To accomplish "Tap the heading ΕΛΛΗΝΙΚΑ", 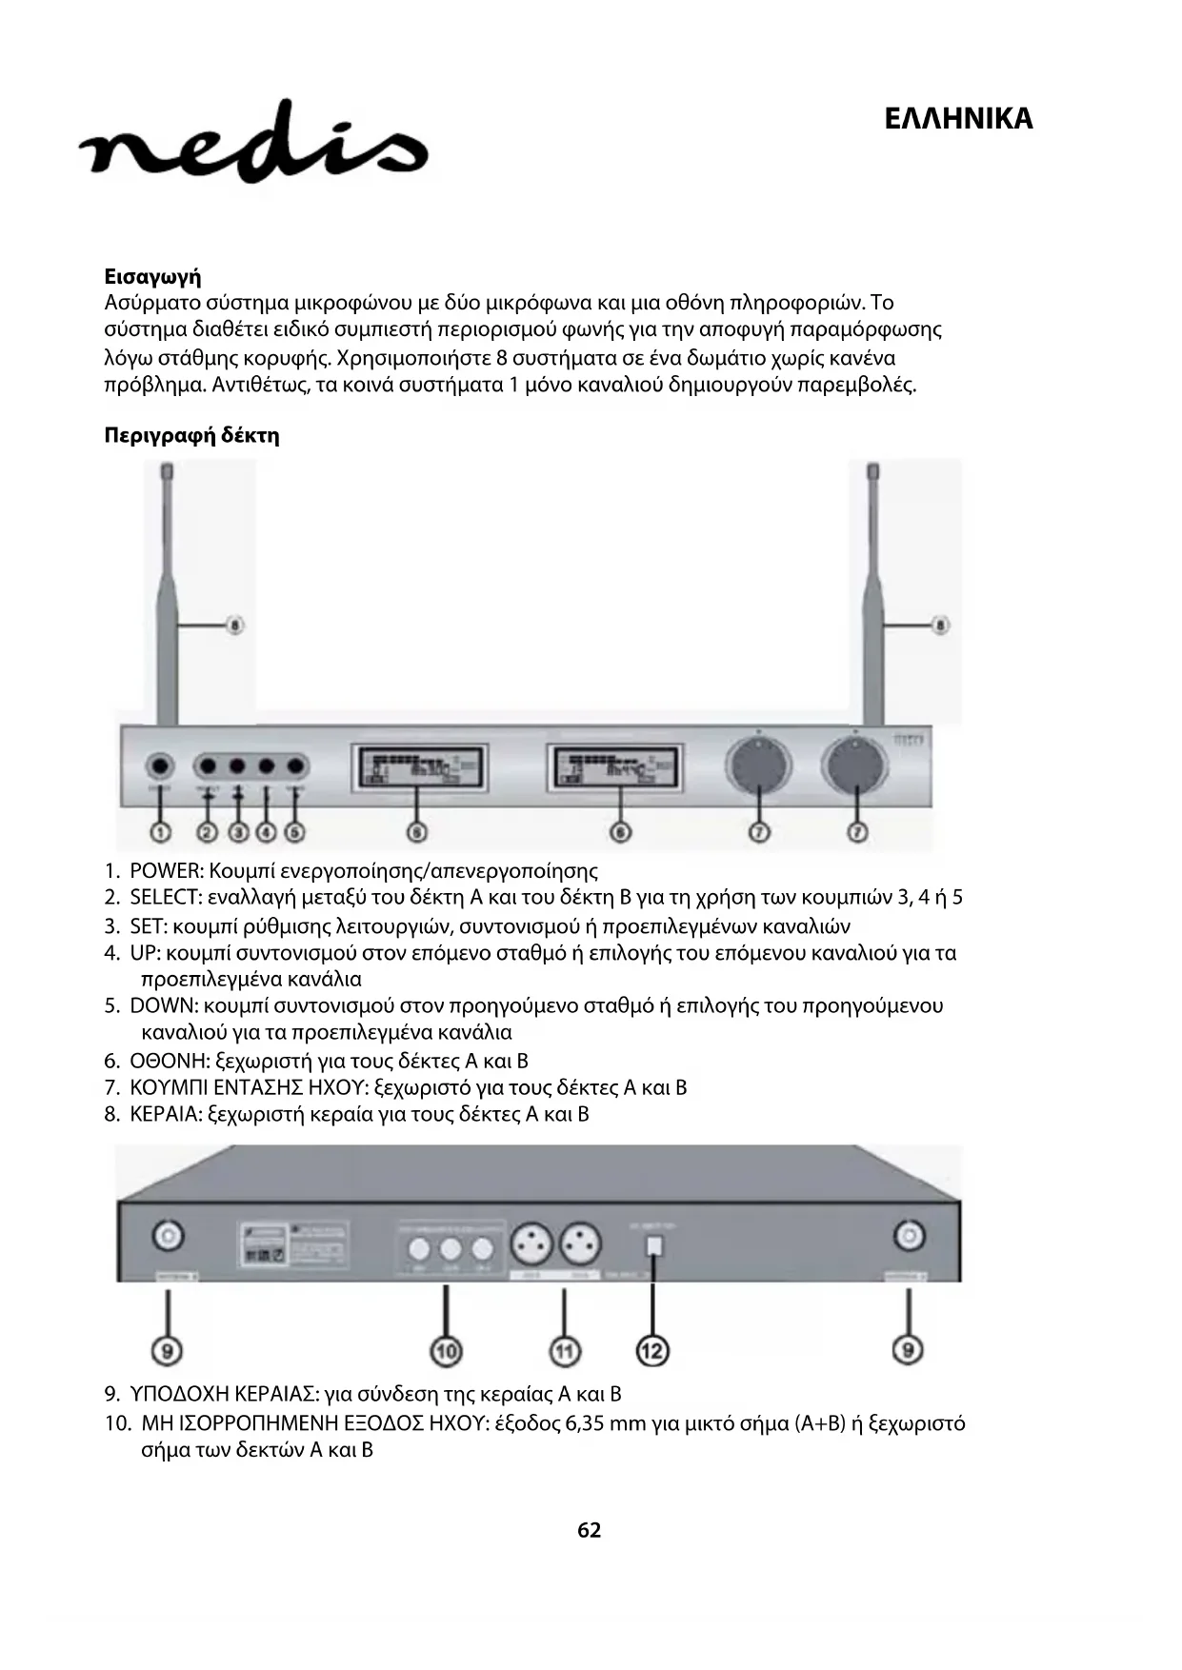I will pyautogui.click(x=957, y=119).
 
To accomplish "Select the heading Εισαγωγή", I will pyautogui.click(x=152, y=277).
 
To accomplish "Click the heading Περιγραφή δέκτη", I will pyautogui.click(x=191, y=436).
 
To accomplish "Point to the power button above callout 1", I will pyautogui.click(x=160, y=766).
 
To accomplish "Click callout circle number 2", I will pyautogui.click(x=207, y=832).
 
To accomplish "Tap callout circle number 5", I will pyautogui.click(x=295, y=832).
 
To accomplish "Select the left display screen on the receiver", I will pyautogui.click(x=420, y=768).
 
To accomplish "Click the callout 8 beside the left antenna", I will pyautogui.click(x=234, y=626).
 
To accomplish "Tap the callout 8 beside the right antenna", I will pyautogui.click(x=939, y=626).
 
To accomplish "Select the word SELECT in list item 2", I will pyautogui.click(x=165, y=898).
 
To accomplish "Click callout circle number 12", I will pyautogui.click(x=652, y=1350).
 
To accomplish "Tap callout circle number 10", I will pyautogui.click(x=446, y=1350).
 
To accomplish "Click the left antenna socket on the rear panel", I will pyautogui.click(x=169, y=1237).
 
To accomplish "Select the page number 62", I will pyautogui.click(x=590, y=1530).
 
